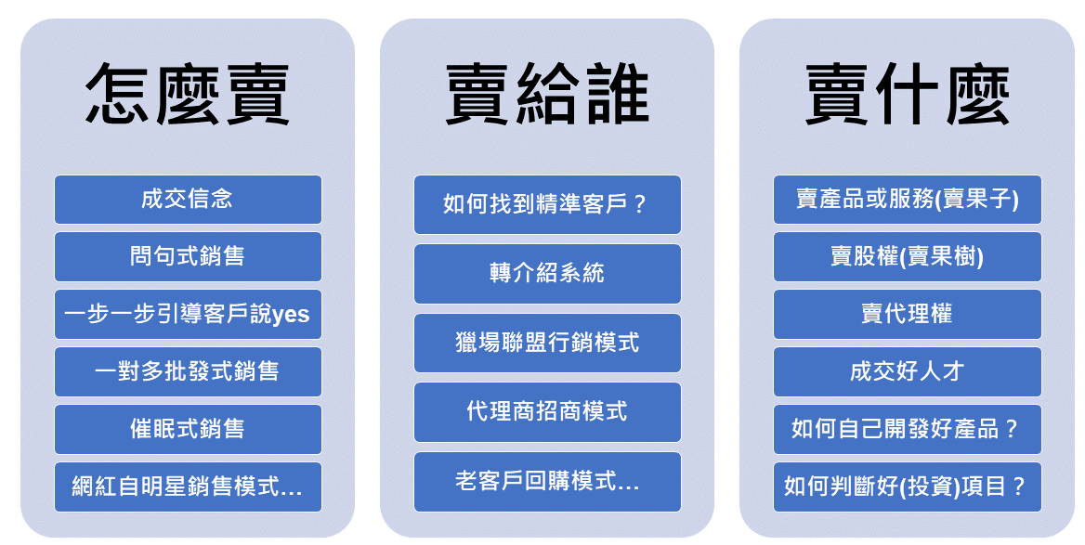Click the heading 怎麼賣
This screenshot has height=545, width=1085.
(x=187, y=94)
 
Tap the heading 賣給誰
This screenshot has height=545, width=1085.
(x=546, y=94)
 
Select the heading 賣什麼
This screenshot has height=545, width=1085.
(x=907, y=94)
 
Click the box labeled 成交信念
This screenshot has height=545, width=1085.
(x=188, y=200)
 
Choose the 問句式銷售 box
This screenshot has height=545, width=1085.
(x=188, y=256)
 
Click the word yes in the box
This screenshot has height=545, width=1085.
(x=291, y=316)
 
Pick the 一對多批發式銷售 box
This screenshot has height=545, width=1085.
(x=188, y=371)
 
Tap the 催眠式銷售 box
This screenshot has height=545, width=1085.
(x=188, y=429)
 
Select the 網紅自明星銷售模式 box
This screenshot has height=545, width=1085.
(x=188, y=487)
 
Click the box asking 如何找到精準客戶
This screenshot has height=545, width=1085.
(x=547, y=204)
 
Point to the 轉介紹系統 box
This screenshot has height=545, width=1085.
(x=547, y=274)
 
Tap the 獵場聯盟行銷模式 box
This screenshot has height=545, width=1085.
(x=547, y=343)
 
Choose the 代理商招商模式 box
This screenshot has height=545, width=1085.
(x=547, y=412)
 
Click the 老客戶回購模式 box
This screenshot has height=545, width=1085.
(x=547, y=482)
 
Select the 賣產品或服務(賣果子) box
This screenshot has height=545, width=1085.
(x=908, y=200)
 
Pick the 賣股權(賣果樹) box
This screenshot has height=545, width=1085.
(x=908, y=256)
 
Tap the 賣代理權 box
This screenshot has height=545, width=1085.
(x=908, y=314)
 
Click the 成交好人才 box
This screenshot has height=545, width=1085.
(x=908, y=371)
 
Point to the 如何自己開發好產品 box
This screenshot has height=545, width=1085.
(x=908, y=429)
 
